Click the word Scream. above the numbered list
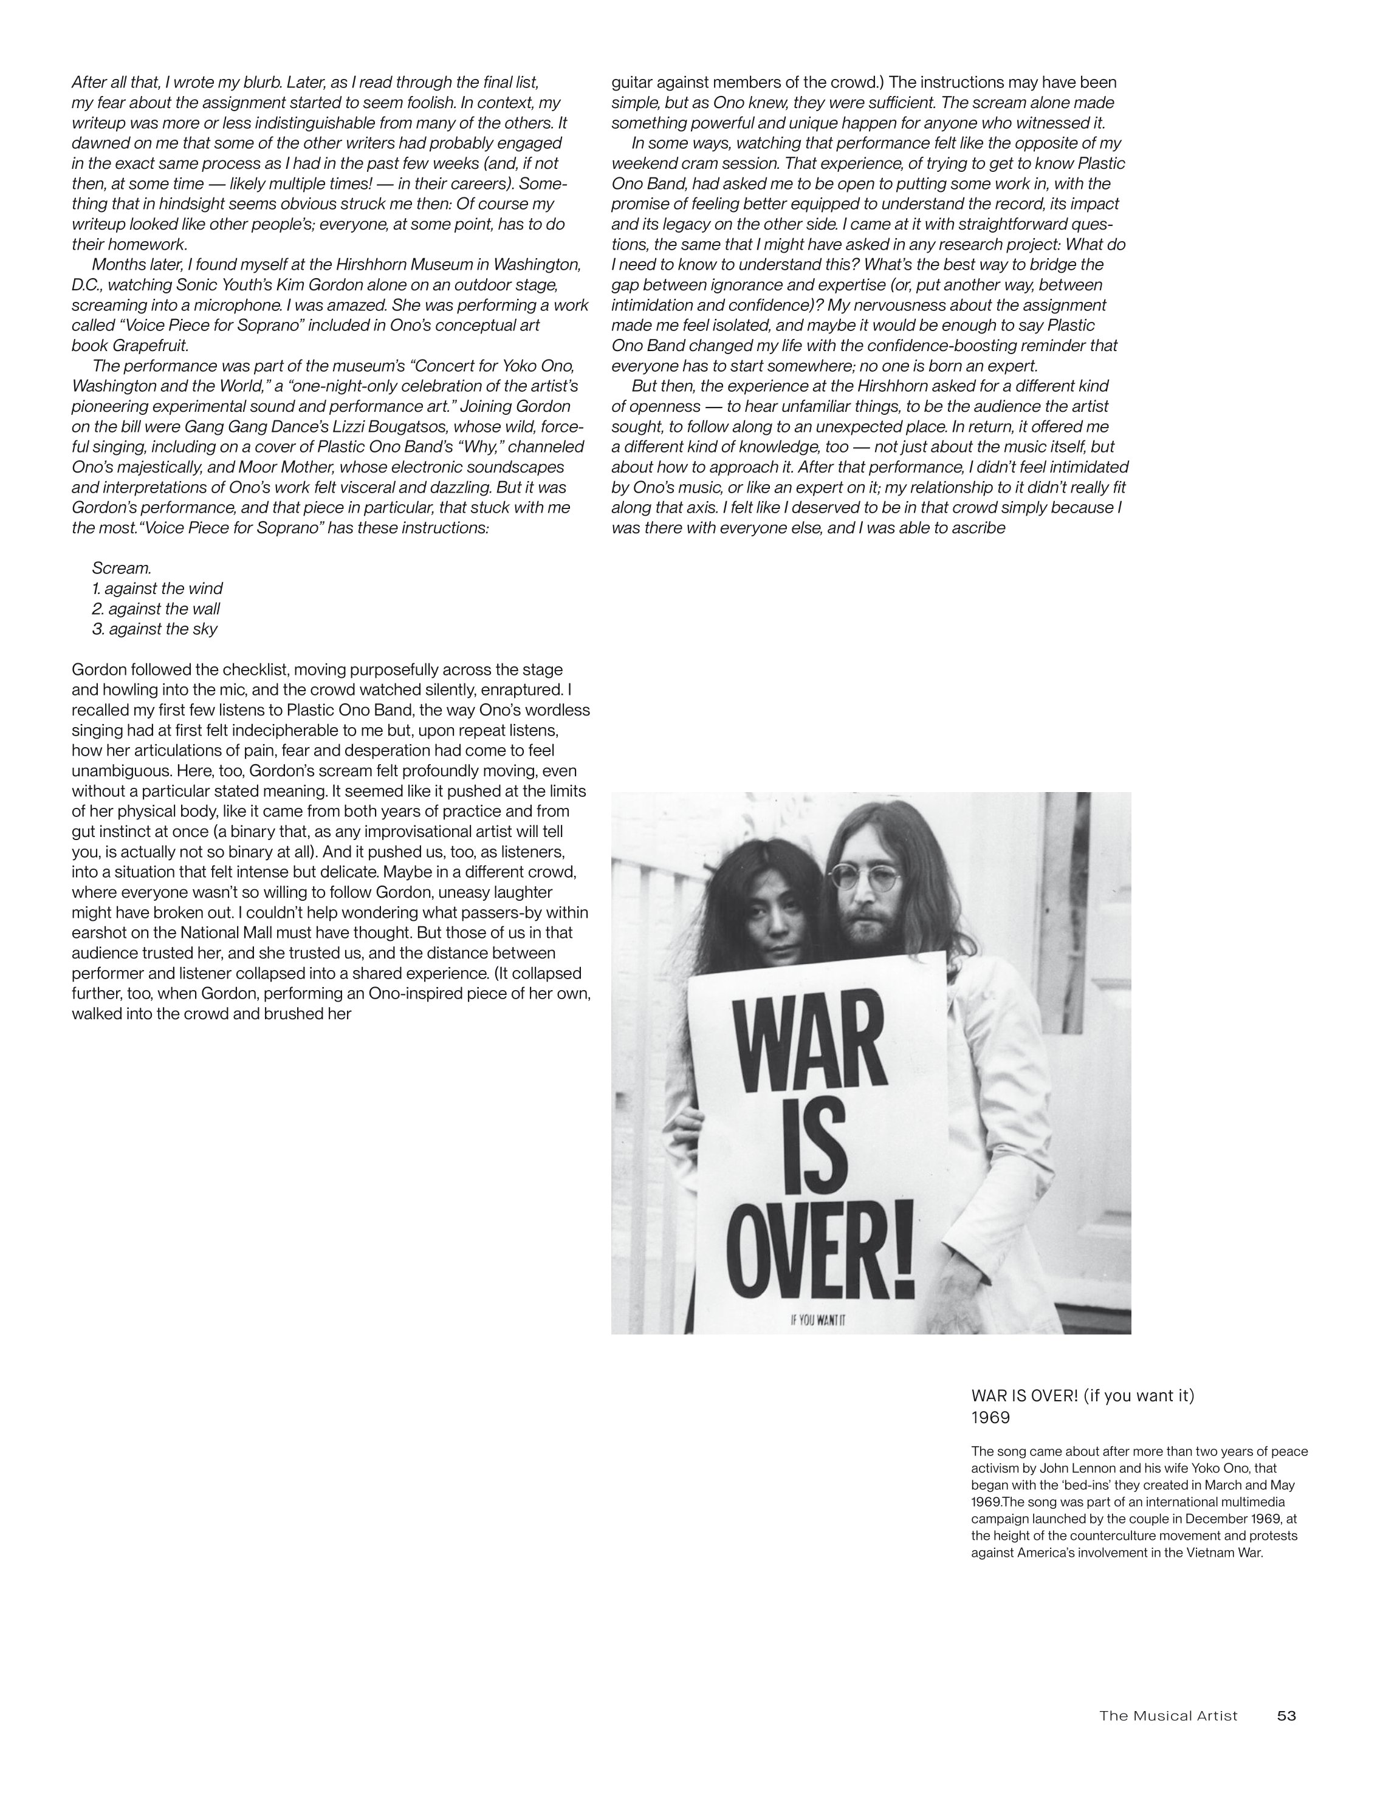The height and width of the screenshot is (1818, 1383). tap(122, 568)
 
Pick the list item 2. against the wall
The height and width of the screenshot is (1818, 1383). tap(156, 609)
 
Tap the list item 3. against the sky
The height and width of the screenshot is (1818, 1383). tap(155, 629)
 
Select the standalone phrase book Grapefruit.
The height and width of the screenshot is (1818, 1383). tap(130, 345)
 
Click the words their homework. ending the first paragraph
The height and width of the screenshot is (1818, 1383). tap(129, 244)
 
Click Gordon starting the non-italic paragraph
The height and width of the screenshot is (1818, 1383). tap(97, 669)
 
